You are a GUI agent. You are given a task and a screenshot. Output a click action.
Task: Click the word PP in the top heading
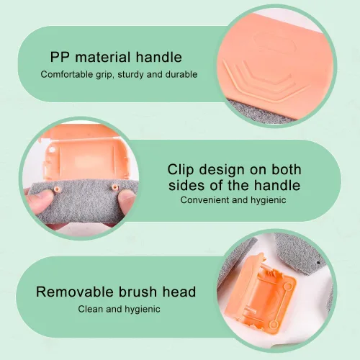point(60,57)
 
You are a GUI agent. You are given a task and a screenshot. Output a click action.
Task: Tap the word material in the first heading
point(103,57)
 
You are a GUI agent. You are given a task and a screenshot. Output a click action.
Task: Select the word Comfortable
point(67,74)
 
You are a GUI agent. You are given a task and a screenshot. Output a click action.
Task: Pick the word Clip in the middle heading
point(181,170)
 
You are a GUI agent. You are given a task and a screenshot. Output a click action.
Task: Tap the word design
point(222,171)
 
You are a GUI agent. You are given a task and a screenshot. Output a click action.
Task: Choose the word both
point(286,169)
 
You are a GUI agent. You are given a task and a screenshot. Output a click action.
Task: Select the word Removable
point(75,292)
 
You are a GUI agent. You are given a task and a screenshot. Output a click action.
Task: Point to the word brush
point(138,292)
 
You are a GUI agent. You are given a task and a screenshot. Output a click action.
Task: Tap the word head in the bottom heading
point(179,292)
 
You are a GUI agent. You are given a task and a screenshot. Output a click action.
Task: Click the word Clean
point(91,309)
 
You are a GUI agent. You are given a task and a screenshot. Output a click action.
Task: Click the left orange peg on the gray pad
point(57,189)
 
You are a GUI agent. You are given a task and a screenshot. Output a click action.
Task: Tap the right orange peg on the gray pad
point(115,186)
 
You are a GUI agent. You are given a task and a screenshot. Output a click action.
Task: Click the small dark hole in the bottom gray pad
point(318,263)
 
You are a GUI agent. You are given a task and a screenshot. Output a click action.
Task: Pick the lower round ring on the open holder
point(274,325)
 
